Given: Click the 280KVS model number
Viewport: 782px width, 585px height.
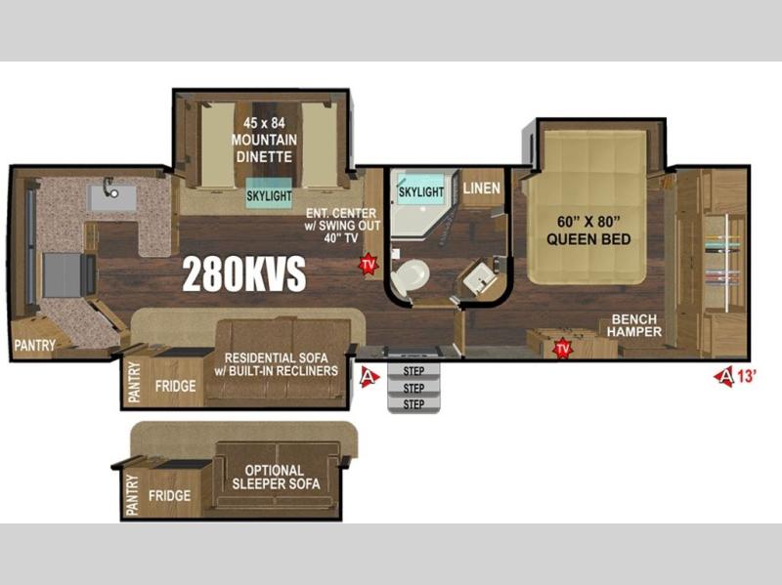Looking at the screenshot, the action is [x=243, y=274].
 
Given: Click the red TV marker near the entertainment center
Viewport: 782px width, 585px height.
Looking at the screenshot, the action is [x=369, y=264].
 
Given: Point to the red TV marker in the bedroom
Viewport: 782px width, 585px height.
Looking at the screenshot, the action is [x=563, y=348].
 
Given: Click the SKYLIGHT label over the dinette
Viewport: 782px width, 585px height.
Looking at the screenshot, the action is [x=270, y=196].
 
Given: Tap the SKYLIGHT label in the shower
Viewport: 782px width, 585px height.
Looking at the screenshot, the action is [x=421, y=191].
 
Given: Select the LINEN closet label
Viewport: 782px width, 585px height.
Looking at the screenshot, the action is [x=481, y=188].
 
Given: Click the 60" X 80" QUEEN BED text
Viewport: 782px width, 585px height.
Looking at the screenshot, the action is [x=588, y=230].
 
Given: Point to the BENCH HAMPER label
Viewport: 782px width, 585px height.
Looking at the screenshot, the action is [x=634, y=325].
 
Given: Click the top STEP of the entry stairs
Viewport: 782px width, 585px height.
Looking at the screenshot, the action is [x=413, y=371].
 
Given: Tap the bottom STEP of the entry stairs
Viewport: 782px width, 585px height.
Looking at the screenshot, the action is [x=413, y=404].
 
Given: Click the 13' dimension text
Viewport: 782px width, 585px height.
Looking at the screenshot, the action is [x=747, y=376].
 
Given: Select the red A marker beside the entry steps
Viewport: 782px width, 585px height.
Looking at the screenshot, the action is [x=369, y=376].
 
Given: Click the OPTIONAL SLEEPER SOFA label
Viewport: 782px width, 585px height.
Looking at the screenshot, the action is [x=276, y=477].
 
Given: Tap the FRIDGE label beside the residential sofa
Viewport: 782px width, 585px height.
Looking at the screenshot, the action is [x=175, y=386].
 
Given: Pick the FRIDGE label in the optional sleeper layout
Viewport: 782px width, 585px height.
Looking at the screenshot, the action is [x=169, y=495].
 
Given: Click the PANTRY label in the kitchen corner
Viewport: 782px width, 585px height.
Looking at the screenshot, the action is [x=34, y=345].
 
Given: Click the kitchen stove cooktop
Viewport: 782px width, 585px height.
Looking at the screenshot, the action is [x=62, y=274].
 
